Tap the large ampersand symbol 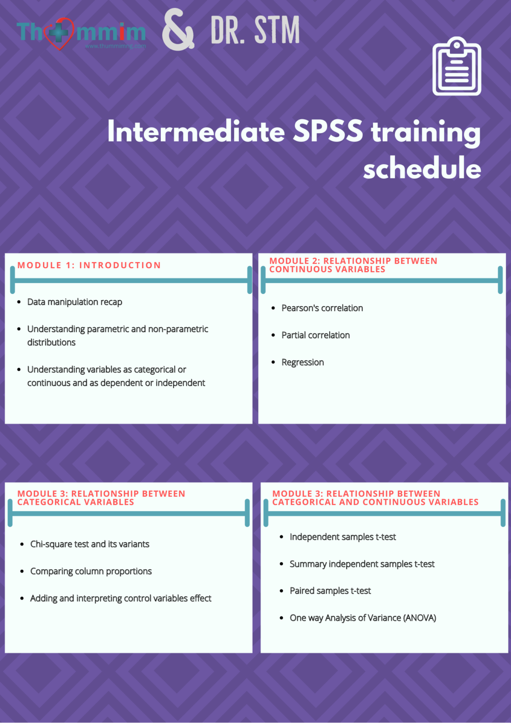click(178, 30)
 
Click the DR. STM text click(255, 30)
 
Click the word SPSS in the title click(328, 131)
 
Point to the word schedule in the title click(422, 168)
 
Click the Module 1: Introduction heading click(89, 265)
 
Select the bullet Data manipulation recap click(75, 302)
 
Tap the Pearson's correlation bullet click(322, 308)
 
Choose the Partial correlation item click(316, 335)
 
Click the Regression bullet click(303, 362)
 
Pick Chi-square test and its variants click(90, 544)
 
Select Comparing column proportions click(91, 571)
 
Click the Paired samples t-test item click(330, 591)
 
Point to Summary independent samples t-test click(362, 564)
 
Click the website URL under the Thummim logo click(115, 46)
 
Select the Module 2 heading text click(353, 265)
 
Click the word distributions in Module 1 click(51, 342)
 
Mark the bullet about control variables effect click(121, 599)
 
